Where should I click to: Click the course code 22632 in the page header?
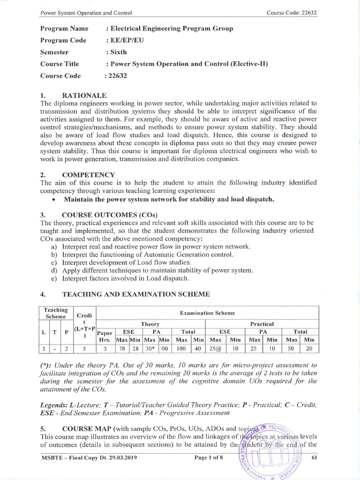coord(307,13)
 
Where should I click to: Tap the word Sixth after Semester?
coord(119,52)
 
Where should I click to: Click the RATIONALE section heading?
coord(86,95)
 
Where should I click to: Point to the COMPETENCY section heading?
coord(89,174)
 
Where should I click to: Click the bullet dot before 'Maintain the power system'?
coord(55,199)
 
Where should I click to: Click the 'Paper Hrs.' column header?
coord(105,336)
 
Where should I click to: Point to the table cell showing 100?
coord(180,349)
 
